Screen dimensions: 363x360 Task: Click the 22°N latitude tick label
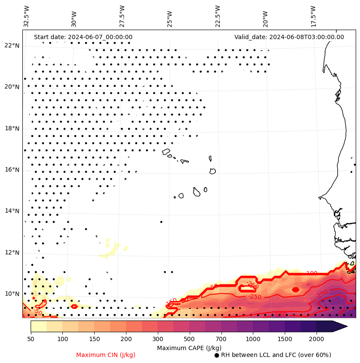pyautogui.click(x=12, y=46)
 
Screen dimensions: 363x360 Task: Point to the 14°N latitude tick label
pyautogui.click(x=12, y=211)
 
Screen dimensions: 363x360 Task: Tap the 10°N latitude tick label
pyautogui.click(x=12, y=294)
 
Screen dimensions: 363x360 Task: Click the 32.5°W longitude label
pyautogui.click(x=27, y=16)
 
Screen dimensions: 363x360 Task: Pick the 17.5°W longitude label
pyautogui.click(x=313, y=16)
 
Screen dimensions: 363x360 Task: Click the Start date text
pyautogui.click(x=83, y=37)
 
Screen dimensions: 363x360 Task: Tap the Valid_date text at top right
pyautogui.click(x=289, y=37)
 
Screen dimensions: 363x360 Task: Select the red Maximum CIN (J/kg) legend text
pyautogui.click(x=106, y=355)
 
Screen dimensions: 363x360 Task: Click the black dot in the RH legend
pyautogui.click(x=217, y=355)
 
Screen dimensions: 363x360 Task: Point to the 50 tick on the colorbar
pyautogui.click(x=31, y=339)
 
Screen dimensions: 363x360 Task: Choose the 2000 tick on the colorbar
pyautogui.click(x=317, y=339)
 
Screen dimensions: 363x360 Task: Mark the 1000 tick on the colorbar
pyautogui.click(x=253, y=339)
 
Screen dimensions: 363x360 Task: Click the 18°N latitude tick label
pyautogui.click(x=12, y=128)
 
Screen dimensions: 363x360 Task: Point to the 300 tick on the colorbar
pyautogui.click(x=157, y=339)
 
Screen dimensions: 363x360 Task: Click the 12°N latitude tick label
pyautogui.click(x=12, y=253)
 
